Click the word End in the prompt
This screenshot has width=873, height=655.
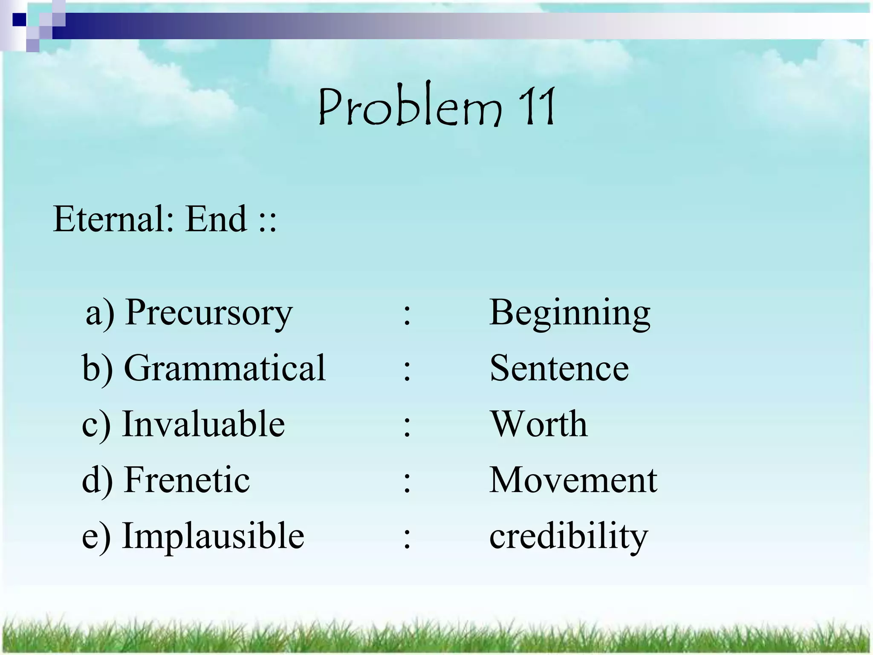coord(217,219)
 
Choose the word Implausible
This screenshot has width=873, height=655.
coord(213,536)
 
